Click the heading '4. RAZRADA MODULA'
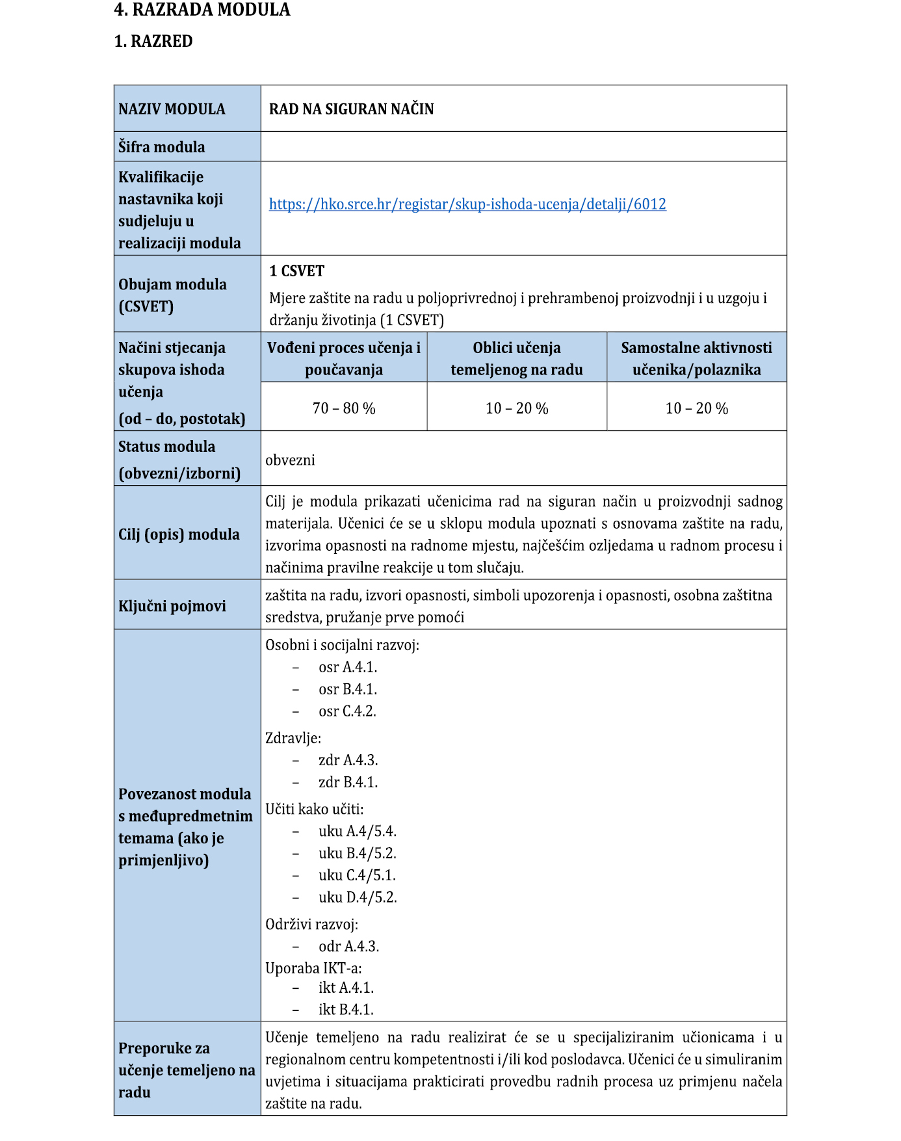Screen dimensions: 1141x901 pyautogui.click(x=202, y=10)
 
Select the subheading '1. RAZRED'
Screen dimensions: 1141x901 pyautogui.click(x=153, y=41)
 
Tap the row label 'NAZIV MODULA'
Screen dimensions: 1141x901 pyautogui.click(x=172, y=109)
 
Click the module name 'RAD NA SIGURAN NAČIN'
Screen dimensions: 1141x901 pyautogui.click(x=351, y=109)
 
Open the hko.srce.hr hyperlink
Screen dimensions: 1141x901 pyautogui.click(x=467, y=204)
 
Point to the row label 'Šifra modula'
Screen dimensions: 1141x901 pyautogui.click(x=161, y=147)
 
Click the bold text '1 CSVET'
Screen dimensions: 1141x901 pyautogui.click(x=296, y=271)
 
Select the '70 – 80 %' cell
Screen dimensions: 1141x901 pyautogui.click(x=344, y=408)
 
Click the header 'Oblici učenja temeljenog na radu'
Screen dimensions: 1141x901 pyautogui.click(x=517, y=358)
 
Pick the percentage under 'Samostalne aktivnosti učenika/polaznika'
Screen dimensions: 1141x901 pyautogui.click(x=696, y=408)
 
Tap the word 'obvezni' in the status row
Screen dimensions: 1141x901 pyautogui.click(x=290, y=460)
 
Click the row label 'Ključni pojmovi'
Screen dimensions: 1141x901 pyautogui.click(x=172, y=606)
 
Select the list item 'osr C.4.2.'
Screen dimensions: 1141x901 pyautogui.click(x=347, y=711)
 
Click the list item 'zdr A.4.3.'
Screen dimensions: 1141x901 pyautogui.click(x=348, y=760)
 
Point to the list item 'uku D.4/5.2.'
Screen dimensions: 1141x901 pyautogui.click(x=358, y=897)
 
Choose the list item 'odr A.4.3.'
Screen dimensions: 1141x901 pyautogui.click(x=348, y=946)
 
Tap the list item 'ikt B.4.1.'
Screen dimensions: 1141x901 pyautogui.click(x=346, y=1009)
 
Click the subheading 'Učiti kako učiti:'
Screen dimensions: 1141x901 pyautogui.click(x=314, y=809)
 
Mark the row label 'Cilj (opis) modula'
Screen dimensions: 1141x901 pyautogui.click(x=179, y=534)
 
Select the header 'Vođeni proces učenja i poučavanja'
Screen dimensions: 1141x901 pyautogui.click(x=344, y=358)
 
